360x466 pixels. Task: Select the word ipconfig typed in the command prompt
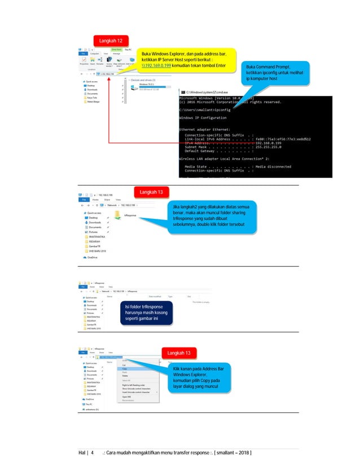[222, 109]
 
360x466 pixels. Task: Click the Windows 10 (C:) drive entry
[147, 84]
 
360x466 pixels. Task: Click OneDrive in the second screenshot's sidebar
[92, 257]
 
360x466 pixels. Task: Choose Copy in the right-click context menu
[125, 368]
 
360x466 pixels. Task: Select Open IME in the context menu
[127, 397]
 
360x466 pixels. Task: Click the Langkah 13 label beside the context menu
[180, 353]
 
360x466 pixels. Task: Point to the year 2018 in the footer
[240, 454]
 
